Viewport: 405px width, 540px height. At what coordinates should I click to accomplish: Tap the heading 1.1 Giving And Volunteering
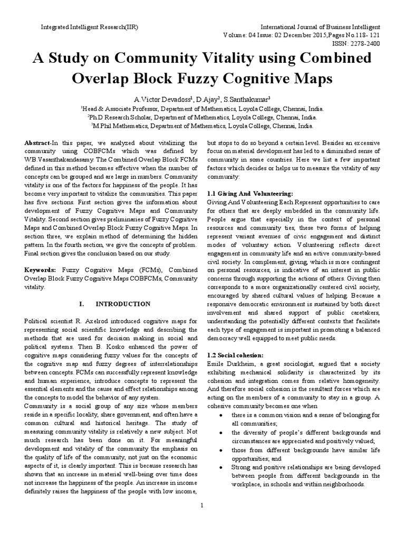click(249, 194)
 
